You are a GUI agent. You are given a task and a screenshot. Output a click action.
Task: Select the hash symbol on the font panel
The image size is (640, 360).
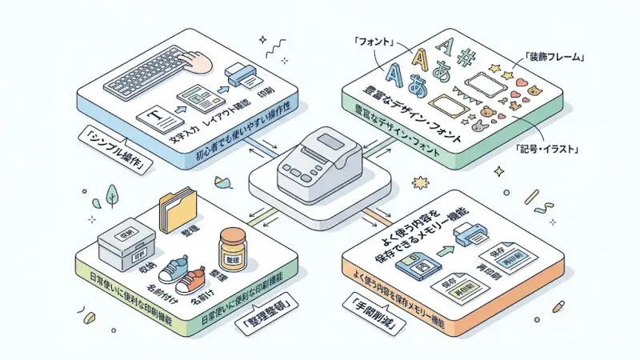pyautogui.click(x=468, y=53)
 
